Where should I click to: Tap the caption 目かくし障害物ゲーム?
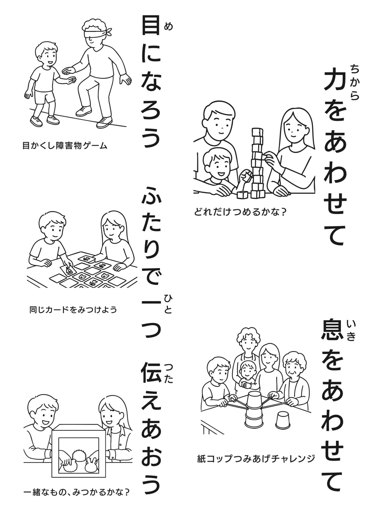pos(65,146)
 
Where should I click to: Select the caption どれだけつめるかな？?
pos(240,212)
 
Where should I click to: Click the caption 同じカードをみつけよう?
pos(73,310)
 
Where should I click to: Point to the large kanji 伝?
pos(151,372)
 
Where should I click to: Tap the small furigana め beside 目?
pos(168,27)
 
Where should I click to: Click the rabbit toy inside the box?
pos(92,463)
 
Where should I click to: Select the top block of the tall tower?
pos(257,132)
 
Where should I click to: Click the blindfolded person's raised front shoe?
pos(84,111)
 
